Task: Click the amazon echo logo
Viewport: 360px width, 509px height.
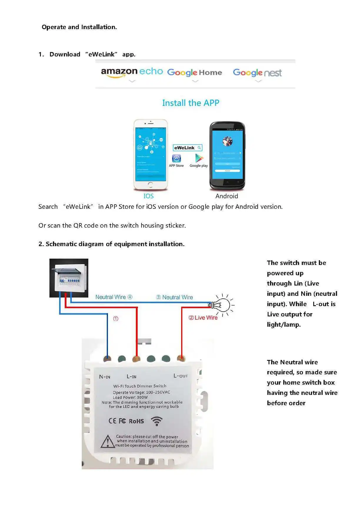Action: [x=131, y=72]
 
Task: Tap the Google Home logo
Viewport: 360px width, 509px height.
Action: [x=194, y=73]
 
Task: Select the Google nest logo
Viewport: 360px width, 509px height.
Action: [x=257, y=73]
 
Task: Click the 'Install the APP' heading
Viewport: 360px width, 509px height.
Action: [x=191, y=103]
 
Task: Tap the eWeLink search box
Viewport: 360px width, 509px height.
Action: [x=187, y=148]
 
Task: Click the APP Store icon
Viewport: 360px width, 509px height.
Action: [x=176, y=159]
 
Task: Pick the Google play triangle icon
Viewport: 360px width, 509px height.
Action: [x=199, y=158]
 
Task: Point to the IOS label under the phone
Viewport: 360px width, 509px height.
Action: [x=149, y=196]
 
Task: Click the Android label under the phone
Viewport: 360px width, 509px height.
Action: [x=226, y=196]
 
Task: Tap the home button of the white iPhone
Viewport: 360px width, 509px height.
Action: [x=150, y=185]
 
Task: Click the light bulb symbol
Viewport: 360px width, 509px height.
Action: [x=222, y=304]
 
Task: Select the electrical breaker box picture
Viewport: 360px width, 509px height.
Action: [x=69, y=278]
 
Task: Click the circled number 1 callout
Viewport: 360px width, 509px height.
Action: [x=116, y=319]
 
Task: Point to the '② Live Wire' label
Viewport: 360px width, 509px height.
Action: [x=203, y=318]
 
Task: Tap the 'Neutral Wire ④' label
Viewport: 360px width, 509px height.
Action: [x=114, y=297]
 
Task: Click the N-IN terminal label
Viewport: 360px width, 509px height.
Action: [x=105, y=377]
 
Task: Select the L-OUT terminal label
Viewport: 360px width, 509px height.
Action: [x=180, y=376]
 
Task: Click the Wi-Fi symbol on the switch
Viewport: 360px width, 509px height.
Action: [x=156, y=421]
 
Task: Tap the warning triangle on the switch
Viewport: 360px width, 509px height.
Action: [x=108, y=441]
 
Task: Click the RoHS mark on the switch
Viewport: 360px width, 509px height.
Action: [x=136, y=421]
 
